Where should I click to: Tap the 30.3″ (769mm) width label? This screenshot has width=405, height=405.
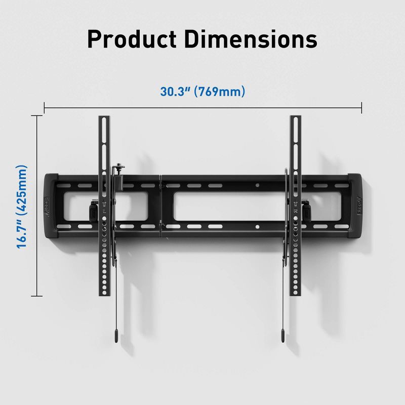202,92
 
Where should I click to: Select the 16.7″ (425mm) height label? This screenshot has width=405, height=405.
22,206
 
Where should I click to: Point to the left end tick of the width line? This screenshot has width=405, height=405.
45,107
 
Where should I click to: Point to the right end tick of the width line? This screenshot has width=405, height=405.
361,107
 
